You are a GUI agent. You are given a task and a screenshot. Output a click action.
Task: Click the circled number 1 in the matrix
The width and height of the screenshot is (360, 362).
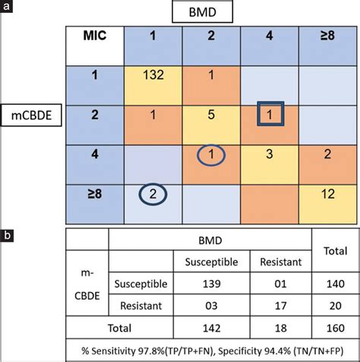coord(213,155)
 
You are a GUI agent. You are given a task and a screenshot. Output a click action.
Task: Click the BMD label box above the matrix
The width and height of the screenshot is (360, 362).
coord(212,13)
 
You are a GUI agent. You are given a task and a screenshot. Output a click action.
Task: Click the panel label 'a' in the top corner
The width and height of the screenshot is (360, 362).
coord(7,7)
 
